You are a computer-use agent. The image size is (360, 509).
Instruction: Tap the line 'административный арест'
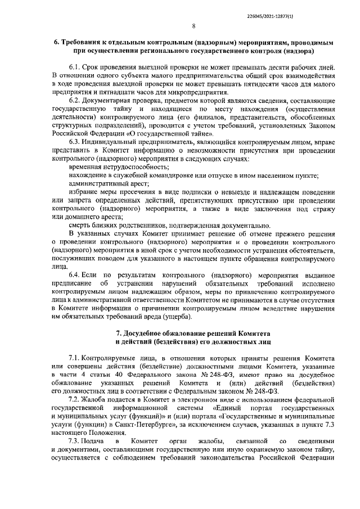[x=109, y=184]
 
